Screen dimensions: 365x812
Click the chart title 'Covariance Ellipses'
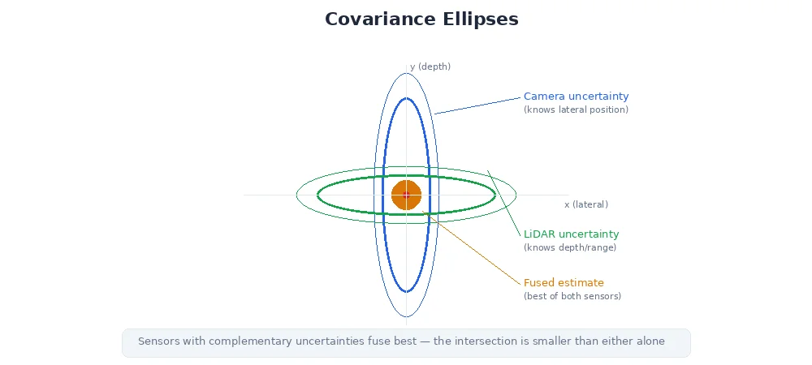click(x=421, y=19)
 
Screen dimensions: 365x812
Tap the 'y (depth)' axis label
click(x=430, y=67)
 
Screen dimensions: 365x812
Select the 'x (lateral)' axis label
click(x=585, y=204)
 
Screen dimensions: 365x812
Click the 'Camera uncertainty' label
click(x=576, y=96)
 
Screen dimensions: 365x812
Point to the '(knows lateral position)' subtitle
click(x=576, y=109)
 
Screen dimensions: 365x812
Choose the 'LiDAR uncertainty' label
click(x=571, y=234)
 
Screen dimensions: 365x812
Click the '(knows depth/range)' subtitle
click(x=569, y=247)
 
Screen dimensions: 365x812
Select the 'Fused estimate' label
click(x=564, y=282)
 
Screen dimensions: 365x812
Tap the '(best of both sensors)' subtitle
click(x=572, y=296)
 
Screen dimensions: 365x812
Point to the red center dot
click(x=406, y=195)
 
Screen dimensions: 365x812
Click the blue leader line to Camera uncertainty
click(x=477, y=105)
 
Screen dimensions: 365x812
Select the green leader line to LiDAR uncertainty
click(x=503, y=203)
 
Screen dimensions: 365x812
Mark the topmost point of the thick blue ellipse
click(x=406, y=98)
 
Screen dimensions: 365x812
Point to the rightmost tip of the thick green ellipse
click(x=495, y=195)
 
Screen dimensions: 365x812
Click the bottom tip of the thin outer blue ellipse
click(x=406, y=317)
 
